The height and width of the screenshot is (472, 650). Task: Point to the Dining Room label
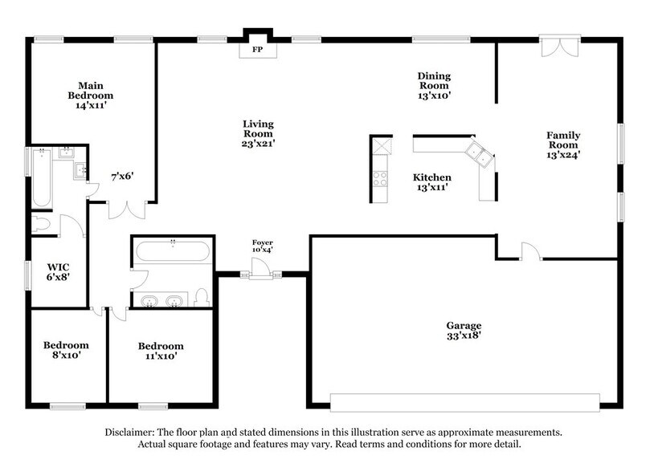tap(433, 85)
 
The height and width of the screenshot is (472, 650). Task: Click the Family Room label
tap(563, 145)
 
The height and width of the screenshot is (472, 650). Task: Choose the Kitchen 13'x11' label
tap(431, 182)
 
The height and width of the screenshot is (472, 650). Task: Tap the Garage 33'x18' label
tap(464, 331)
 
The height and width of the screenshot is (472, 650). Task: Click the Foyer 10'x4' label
tap(263, 246)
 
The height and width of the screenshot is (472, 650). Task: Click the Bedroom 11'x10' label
tap(161, 351)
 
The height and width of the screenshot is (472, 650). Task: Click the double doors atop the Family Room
tap(559, 46)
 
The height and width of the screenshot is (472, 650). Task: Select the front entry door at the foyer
tap(261, 273)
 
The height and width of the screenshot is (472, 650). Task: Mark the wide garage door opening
tap(464, 398)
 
